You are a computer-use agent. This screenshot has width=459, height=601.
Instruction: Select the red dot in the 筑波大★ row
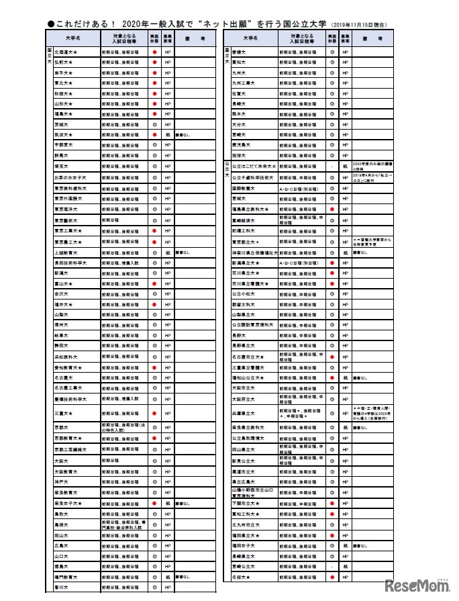click(154, 135)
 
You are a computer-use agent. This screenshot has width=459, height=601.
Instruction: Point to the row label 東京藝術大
click(66, 220)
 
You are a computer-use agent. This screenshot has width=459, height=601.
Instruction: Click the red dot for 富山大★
click(154, 283)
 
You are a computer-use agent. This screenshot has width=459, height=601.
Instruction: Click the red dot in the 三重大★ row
click(154, 413)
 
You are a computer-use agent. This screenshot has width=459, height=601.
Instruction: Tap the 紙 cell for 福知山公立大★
click(345, 377)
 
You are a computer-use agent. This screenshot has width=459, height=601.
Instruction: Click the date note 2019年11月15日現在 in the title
click(356, 25)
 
